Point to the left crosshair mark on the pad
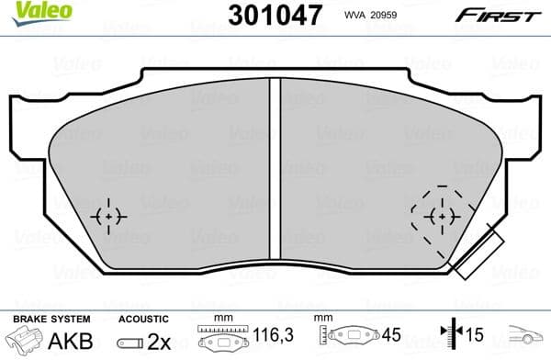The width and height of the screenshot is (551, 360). coord(109,216)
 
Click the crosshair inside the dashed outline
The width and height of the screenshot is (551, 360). coord(442,216)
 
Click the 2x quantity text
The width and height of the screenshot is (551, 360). coord(160,340)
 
